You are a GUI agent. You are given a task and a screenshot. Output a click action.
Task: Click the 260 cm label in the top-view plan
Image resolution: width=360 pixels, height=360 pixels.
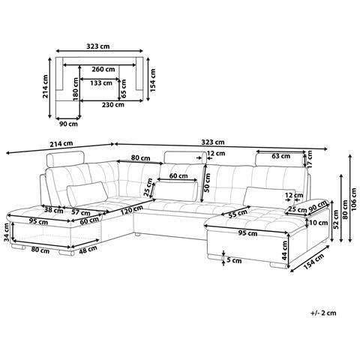(x=103, y=70)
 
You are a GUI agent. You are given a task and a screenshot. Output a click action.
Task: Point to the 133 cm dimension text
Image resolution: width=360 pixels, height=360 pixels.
(x=101, y=82)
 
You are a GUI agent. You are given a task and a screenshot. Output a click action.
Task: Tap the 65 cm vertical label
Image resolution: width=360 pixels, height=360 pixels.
(x=123, y=88)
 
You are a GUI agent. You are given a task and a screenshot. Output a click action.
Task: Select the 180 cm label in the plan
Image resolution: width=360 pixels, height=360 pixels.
(x=76, y=89)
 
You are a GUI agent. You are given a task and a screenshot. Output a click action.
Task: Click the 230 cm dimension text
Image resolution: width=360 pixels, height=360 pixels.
(x=113, y=105)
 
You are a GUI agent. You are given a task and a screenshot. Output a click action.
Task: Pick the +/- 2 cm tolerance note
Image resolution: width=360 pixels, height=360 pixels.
(x=324, y=313)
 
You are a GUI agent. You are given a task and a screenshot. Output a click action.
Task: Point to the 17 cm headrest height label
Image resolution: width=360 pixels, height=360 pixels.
(x=310, y=158)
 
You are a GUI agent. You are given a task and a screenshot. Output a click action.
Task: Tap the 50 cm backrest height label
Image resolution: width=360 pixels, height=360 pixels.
(x=207, y=183)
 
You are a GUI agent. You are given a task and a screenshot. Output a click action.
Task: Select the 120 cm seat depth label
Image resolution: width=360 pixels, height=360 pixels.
(x=131, y=210)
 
